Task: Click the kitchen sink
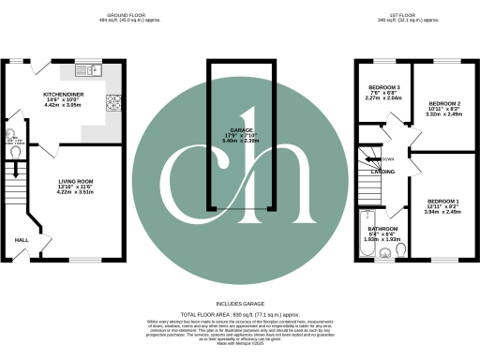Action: coord(76,71)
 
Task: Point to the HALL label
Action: coord(22,240)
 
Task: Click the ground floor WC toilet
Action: coord(19,150)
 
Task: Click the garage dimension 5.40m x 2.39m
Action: coord(239,142)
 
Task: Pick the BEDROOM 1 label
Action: coord(443,202)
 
